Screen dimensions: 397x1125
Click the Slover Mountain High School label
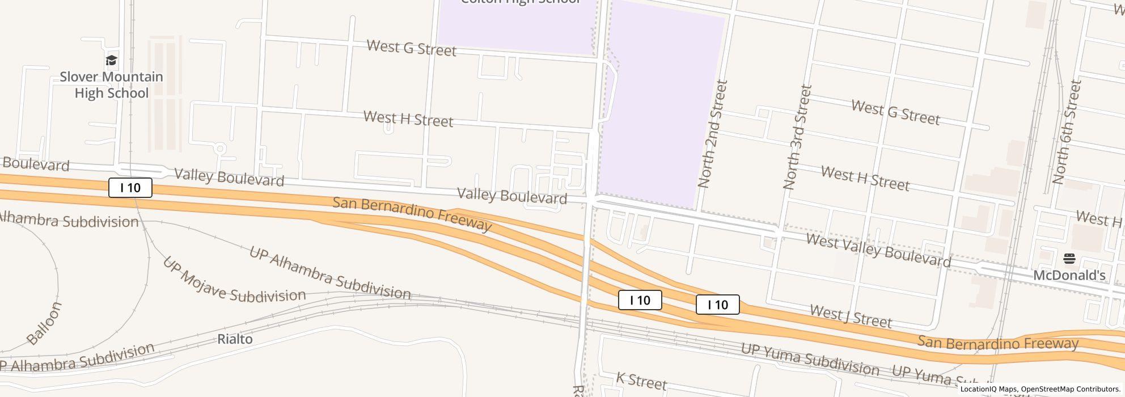point(112,85)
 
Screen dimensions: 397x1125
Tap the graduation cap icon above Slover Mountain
point(112,61)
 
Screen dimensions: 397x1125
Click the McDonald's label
point(1069,276)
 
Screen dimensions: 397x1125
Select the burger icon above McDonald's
point(1069,259)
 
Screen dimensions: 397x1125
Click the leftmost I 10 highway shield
point(130,188)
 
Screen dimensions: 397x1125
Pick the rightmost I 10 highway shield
point(717,305)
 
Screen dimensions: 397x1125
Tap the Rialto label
point(235,339)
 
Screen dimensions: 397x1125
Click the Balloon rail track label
point(44,323)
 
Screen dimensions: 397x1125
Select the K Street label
point(641,381)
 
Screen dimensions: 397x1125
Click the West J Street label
point(851,316)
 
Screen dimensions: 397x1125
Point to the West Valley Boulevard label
point(878,250)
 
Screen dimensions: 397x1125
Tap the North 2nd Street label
point(712,134)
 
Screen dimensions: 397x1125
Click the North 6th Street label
point(1067,132)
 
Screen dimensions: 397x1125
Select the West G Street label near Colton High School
point(411,48)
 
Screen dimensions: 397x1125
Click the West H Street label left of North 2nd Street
point(408,119)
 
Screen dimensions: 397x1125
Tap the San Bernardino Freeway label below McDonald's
point(997,343)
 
